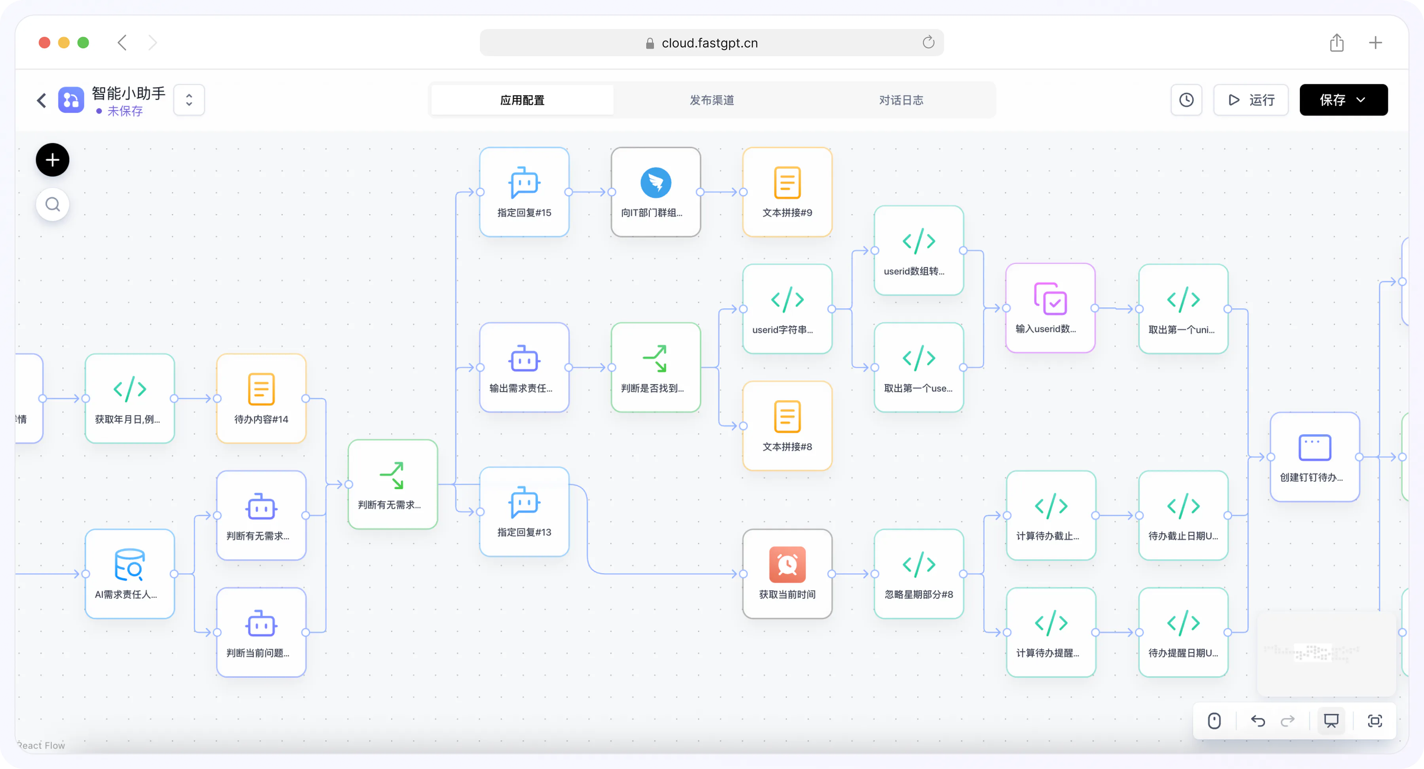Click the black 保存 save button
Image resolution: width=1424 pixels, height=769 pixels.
tap(1343, 100)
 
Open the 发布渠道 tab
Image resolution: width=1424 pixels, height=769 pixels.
tap(712, 100)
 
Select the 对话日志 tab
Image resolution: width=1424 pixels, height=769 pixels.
tap(901, 100)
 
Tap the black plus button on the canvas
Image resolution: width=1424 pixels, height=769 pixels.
tap(53, 160)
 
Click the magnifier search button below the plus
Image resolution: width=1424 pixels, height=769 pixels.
tap(53, 205)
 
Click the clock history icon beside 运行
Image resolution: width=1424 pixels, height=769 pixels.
tap(1186, 100)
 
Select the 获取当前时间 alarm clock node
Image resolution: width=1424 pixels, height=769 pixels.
tap(787, 574)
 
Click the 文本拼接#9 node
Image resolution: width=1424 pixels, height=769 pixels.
tap(787, 192)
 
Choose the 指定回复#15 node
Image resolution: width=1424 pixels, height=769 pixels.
tap(524, 192)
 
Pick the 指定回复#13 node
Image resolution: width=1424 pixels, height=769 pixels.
tap(524, 511)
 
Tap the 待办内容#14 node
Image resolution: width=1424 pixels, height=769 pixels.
tap(261, 399)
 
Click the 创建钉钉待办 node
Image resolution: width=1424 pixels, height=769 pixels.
tap(1314, 456)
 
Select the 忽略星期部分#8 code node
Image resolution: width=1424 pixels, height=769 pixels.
tap(919, 574)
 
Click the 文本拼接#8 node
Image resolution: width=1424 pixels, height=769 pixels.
tap(787, 426)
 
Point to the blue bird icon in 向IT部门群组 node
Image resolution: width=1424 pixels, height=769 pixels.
tap(655, 182)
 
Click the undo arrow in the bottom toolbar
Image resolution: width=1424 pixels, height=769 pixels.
tap(1257, 721)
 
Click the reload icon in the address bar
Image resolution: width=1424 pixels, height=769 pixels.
tap(928, 43)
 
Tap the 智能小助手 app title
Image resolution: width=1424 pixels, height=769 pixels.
tap(128, 93)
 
